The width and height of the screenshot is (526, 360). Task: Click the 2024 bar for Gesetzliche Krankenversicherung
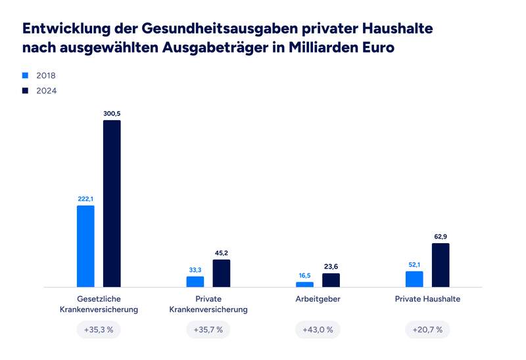(x=112, y=204)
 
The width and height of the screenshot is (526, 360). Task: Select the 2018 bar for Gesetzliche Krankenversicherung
(x=85, y=246)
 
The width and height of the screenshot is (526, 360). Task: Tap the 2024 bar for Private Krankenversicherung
(x=222, y=273)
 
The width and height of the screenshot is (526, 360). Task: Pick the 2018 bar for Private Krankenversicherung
(x=195, y=282)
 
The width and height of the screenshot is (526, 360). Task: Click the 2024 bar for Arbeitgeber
(x=331, y=281)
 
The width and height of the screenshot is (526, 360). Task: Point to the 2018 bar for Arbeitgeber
(x=304, y=284)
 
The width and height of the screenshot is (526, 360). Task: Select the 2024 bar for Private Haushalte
(x=441, y=265)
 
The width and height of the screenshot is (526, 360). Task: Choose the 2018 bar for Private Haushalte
(x=414, y=279)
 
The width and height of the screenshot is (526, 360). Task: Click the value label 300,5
(x=112, y=114)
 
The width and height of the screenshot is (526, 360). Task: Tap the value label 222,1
(x=85, y=198)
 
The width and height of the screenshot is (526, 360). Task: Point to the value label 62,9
(x=441, y=236)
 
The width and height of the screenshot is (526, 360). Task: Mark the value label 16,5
(x=304, y=275)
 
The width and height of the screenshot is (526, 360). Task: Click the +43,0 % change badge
(x=318, y=329)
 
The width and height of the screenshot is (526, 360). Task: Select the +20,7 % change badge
(x=427, y=329)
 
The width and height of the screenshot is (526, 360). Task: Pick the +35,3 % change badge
(x=99, y=329)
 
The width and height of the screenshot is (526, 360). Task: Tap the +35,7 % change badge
(x=208, y=329)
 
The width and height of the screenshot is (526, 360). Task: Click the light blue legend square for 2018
(x=26, y=76)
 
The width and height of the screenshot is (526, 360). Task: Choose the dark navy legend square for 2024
(x=26, y=91)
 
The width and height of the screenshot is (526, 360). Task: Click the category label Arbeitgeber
(x=318, y=299)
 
